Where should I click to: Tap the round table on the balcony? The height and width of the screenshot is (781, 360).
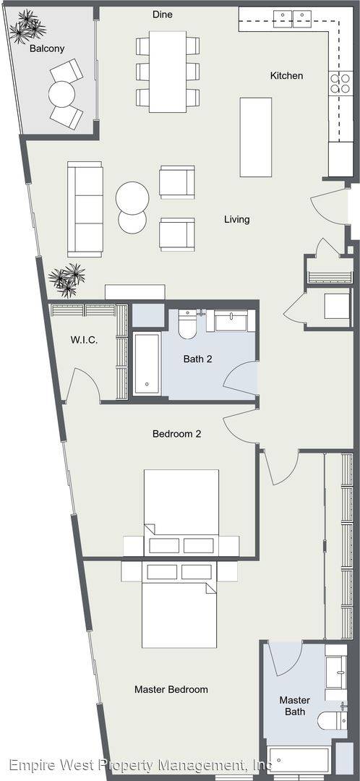[x=61, y=93]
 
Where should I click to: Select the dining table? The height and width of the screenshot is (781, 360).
[x=168, y=72]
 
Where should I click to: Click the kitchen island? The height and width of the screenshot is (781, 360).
[x=255, y=137]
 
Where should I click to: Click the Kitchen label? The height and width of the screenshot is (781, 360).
[x=286, y=76]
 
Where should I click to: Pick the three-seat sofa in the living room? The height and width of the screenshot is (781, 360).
[x=85, y=209]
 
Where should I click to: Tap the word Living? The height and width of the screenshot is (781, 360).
[x=236, y=219]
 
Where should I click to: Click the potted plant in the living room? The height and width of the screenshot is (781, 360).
[x=67, y=280]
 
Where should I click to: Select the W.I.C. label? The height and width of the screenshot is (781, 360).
[x=84, y=341]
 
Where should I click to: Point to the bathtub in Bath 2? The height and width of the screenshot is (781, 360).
[x=147, y=364]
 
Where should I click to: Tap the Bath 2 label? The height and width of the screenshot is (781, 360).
[x=197, y=359]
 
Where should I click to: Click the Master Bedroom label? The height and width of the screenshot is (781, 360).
[x=171, y=689]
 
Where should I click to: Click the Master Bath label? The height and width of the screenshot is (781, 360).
[x=295, y=706]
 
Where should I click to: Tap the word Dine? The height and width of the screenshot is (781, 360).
[x=163, y=15]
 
